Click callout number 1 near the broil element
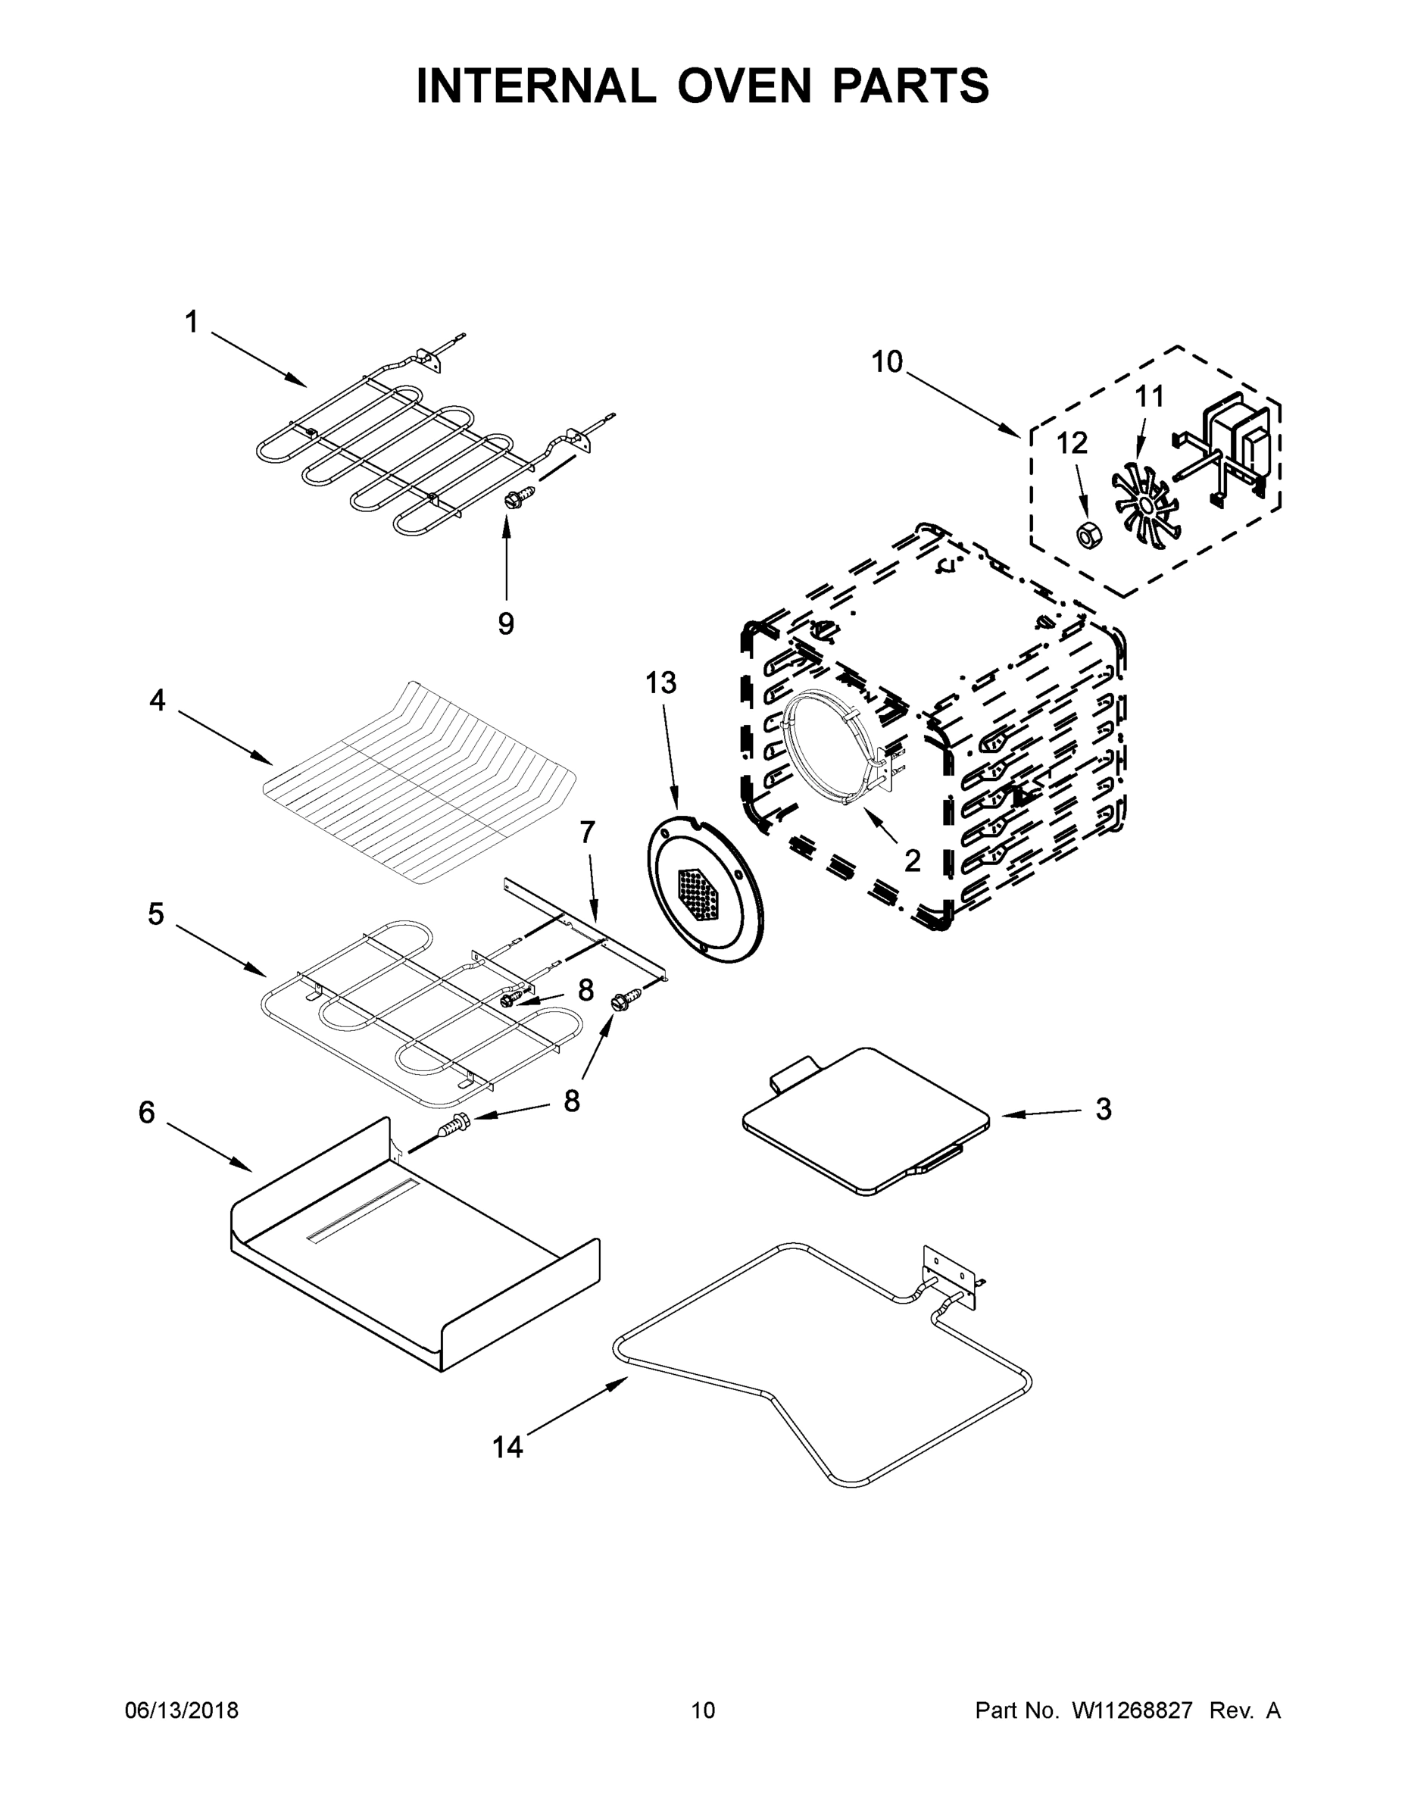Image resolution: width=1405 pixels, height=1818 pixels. point(192,322)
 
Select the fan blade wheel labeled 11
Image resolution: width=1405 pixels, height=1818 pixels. point(1144,500)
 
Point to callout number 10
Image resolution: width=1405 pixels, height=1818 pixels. point(886,362)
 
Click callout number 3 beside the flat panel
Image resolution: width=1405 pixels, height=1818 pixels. point(1103,1109)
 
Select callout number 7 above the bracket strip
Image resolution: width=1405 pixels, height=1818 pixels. point(588,831)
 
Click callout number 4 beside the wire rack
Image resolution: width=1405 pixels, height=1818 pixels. point(158,700)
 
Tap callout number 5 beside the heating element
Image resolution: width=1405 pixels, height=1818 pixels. point(156,914)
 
